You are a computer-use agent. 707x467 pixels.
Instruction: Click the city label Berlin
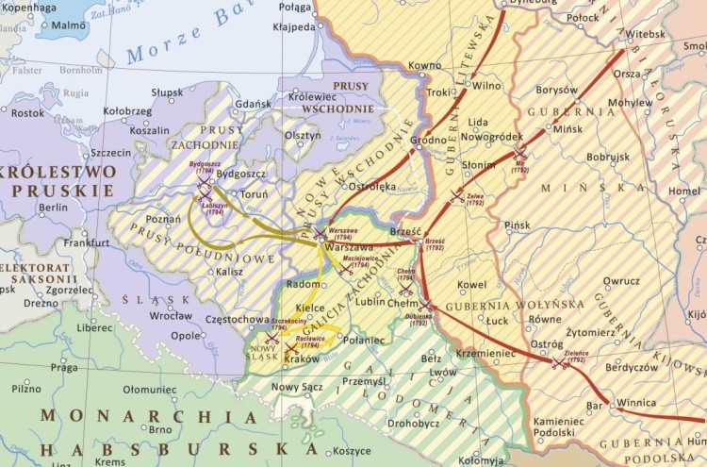coord(55,207)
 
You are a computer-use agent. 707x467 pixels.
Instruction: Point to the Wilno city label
coord(486,86)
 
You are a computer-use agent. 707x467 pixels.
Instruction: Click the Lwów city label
coord(443,373)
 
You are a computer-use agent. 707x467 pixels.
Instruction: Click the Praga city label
coord(64,367)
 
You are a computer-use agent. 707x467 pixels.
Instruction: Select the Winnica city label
coord(636,403)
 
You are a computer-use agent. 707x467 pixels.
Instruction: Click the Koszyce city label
coord(352,451)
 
